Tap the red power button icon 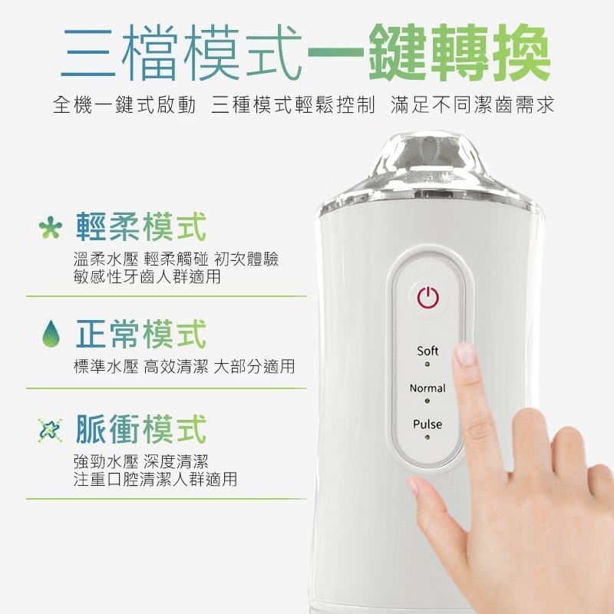pos(427,297)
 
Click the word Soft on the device pos(427,351)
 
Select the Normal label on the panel pos(427,388)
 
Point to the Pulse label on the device pos(427,424)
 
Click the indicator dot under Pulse pos(427,437)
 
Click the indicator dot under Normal pos(427,401)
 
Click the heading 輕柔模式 pos(141,227)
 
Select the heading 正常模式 pos(141,335)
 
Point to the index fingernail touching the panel pos(464,355)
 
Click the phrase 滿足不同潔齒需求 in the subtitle pos(472,104)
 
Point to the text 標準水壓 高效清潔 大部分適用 pos(183,367)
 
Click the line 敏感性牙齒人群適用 pos(146,276)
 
